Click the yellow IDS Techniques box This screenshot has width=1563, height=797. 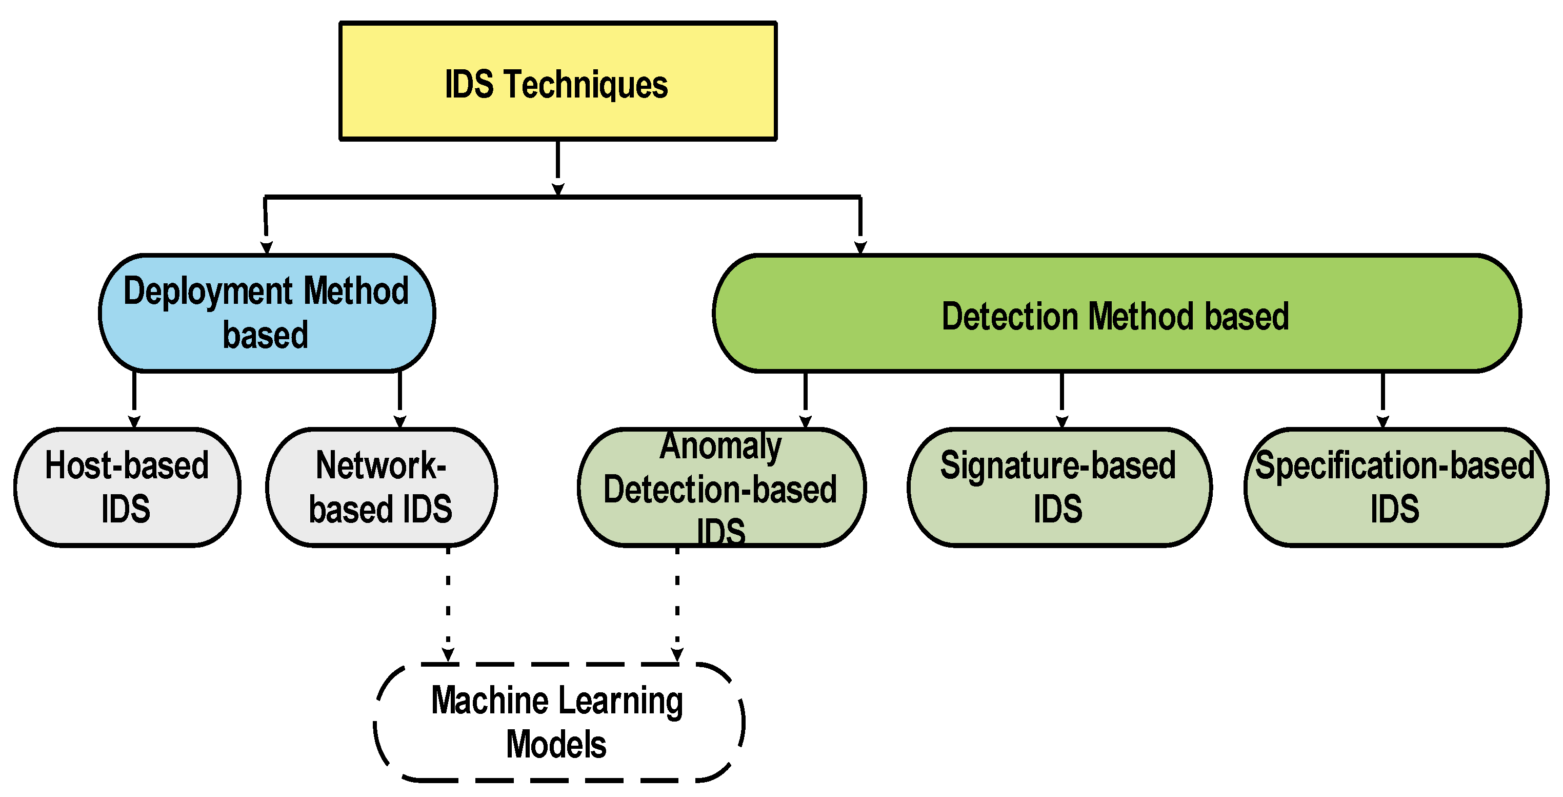click(557, 81)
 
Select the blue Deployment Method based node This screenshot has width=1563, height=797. click(267, 313)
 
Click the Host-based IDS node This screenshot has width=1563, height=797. click(127, 488)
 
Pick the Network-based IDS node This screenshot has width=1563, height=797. click(382, 488)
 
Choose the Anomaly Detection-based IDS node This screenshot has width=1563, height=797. click(722, 488)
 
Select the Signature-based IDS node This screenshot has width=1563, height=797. click(1059, 488)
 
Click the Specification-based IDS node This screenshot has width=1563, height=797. click(1395, 488)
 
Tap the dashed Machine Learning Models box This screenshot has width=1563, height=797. click(558, 723)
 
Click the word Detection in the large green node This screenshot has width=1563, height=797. click(1010, 316)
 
